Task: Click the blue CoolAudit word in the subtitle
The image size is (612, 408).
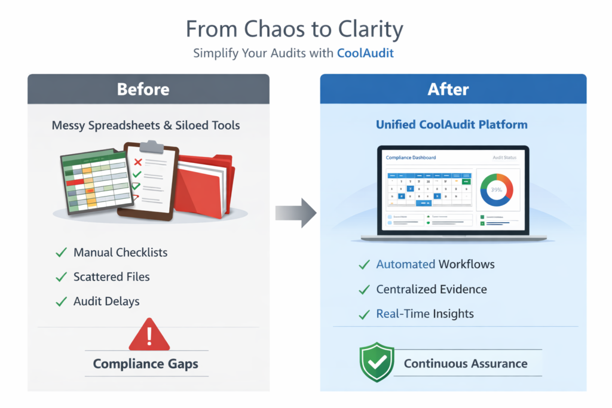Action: tap(365, 53)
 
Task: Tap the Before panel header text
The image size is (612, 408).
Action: tap(143, 90)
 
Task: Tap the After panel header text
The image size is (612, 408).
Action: tap(448, 90)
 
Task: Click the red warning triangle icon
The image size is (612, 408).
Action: tap(149, 335)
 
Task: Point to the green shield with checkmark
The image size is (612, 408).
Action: tap(377, 362)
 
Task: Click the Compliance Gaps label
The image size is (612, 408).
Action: tap(146, 363)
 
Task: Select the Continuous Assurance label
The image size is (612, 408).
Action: tap(466, 363)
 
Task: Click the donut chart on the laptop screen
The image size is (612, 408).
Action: tap(496, 189)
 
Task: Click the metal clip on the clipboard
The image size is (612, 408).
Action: tap(151, 146)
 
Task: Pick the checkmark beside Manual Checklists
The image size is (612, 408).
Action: tap(61, 253)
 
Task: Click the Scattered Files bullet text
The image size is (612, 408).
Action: tap(111, 277)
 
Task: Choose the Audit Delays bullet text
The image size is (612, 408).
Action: tap(106, 302)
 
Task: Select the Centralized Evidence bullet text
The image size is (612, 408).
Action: tap(431, 289)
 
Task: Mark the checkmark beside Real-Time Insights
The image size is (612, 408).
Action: tap(364, 314)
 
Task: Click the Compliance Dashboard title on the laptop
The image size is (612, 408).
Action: tap(411, 158)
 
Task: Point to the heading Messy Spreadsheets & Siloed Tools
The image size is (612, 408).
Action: tap(146, 125)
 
